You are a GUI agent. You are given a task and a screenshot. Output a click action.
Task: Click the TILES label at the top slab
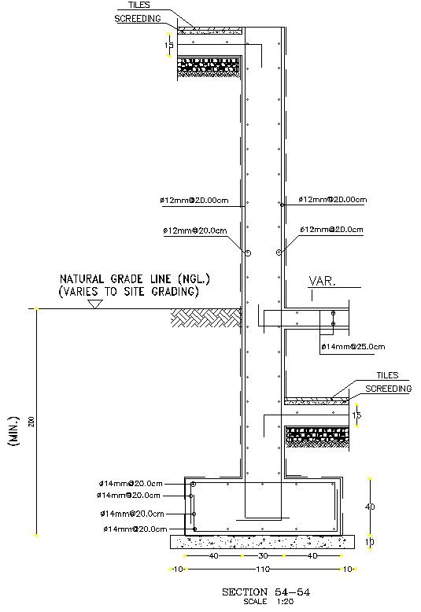[x=139, y=5]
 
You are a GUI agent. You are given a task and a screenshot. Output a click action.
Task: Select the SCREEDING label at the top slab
[x=138, y=18]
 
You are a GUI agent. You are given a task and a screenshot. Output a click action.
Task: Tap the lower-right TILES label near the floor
[x=386, y=376]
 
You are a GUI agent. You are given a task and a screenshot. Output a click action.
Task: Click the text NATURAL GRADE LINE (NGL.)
[x=135, y=279]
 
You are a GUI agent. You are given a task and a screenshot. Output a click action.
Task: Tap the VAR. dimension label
[x=322, y=280]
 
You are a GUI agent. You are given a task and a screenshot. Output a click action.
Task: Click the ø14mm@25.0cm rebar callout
[x=353, y=346]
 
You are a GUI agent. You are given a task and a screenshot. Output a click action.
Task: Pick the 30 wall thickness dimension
[x=262, y=555]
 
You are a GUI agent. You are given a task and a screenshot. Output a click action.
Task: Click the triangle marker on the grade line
[x=96, y=304]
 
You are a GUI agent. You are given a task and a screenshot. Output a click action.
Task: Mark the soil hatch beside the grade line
[x=206, y=317]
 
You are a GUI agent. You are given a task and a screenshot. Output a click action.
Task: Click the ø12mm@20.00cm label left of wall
[x=194, y=201]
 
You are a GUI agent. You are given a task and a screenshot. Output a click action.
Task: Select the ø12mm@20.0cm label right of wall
[x=331, y=230]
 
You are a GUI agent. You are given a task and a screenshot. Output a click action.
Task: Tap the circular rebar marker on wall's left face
[x=247, y=253]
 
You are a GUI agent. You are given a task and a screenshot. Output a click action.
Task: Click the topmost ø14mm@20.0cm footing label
[x=131, y=483]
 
